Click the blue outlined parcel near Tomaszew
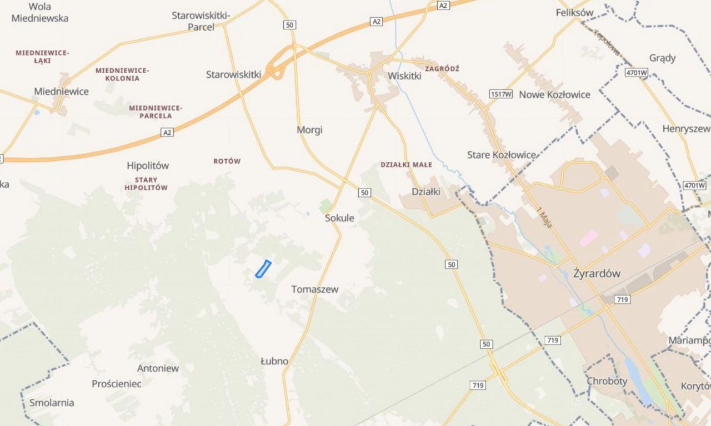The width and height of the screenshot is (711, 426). click(x=263, y=268)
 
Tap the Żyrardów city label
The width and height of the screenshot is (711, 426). click(x=597, y=273)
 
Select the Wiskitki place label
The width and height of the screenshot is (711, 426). click(x=404, y=76)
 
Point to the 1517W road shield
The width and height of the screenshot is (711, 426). click(x=500, y=94)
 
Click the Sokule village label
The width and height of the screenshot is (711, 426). click(x=339, y=218)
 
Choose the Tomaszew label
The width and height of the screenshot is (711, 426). click(x=315, y=289)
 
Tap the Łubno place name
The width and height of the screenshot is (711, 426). click(x=274, y=361)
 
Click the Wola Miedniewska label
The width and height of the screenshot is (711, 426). click(x=40, y=12)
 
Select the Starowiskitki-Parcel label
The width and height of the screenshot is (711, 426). click(x=201, y=21)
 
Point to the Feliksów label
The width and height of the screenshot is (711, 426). click(x=574, y=12)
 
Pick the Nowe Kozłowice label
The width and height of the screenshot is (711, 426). click(x=554, y=94)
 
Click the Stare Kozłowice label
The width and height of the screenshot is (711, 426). click(x=502, y=155)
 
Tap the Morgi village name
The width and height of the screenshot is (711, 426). click(x=309, y=130)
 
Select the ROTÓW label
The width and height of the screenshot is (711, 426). click(x=227, y=161)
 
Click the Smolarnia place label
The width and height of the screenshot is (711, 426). click(x=52, y=403)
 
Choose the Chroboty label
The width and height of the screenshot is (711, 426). click(x=607, y=381)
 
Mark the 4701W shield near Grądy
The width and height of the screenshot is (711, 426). click(x=637, y=73)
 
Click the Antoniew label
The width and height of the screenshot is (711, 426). click(x=158, y=368)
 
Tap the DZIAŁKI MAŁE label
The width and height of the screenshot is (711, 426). click(x=406, y=165)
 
